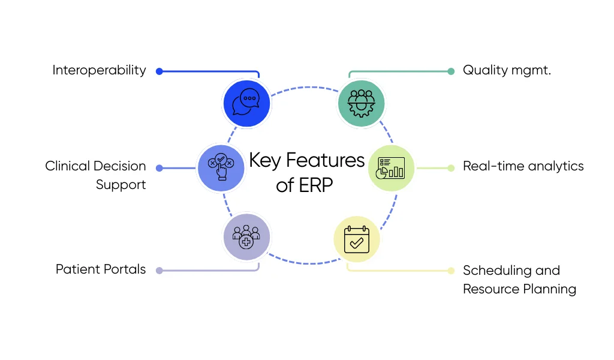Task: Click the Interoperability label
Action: point(99,70)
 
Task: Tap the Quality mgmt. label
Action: point(507,70)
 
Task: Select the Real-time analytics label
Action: point(523,166)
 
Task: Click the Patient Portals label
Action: point(101,269)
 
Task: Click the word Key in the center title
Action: point(265,161)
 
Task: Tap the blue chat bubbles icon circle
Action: point(246,104)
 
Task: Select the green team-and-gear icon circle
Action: point(361,103)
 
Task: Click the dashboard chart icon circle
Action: point(391,168)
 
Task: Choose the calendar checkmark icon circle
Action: point(357,239)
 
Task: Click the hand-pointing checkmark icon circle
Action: point(220,168)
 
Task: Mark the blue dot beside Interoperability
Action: point(159,71)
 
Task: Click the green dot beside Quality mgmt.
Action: point(451,71)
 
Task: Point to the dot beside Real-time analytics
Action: point(451,168)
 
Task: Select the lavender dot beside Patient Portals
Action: point(159,271)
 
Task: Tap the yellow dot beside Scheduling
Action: point(451,271)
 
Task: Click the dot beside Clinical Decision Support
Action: point(159,168)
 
